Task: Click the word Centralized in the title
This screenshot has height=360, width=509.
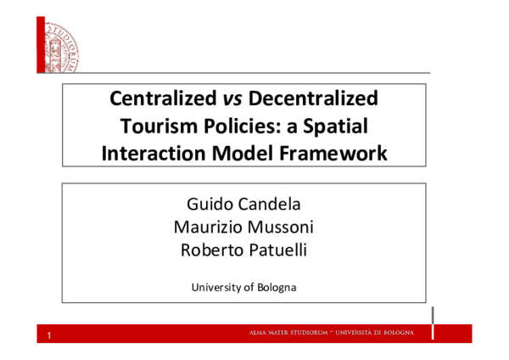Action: [x=158, y=98]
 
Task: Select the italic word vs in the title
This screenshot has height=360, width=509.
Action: [x=222, y=98]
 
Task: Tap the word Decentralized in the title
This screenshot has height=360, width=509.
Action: [x=307, y=98]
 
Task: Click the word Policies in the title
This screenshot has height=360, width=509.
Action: [x=232, y=127]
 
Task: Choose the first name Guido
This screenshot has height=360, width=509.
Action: [x=208, y=205]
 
